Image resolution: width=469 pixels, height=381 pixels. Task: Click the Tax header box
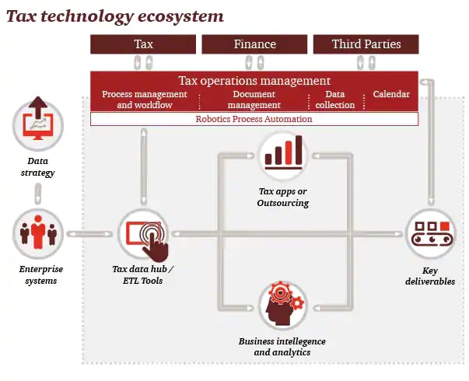tap(143, 44)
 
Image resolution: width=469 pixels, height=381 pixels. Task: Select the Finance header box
tap(254, 44)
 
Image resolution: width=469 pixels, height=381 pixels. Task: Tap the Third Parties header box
tap(366, 44)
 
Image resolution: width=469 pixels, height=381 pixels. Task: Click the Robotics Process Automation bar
tap(254, 119)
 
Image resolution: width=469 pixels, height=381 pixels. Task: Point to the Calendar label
tap(391, 94)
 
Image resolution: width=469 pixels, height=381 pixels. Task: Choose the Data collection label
tap(335, 100)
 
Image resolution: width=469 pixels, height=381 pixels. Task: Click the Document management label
tap(254, 100)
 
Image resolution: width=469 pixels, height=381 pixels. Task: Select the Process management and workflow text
tap(145, 100)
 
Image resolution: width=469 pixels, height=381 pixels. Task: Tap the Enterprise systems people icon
tap(38, 233)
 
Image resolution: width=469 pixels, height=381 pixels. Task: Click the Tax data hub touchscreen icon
tap(144, 235)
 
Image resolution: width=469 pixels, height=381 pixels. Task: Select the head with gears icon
tap(283, 305)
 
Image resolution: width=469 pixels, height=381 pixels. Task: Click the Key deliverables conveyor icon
tap(431, 234)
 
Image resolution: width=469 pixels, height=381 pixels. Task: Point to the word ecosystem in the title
tap(180, 16)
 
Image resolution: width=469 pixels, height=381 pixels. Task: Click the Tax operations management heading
tap(254, 81)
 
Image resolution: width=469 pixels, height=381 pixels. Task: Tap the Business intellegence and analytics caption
tap(282, 347)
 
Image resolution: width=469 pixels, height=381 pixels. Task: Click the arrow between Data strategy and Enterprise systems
tap(38, 194)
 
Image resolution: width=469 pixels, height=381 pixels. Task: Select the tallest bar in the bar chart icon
tap(299, 150)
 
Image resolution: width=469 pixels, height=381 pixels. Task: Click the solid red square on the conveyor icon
tap(445, 225)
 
